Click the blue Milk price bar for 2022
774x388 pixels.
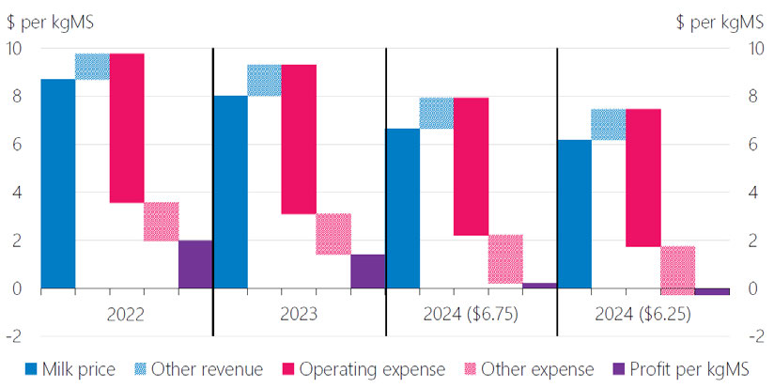(x=58, y=183)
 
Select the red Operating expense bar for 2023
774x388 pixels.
(x=298, y=139)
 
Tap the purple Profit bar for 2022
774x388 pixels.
(x=194, y=264)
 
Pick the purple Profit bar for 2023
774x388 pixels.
(x=367, y=272)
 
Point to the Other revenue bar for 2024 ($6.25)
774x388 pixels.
(x=609, y=124)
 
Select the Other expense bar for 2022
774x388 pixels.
(x=161, y=222)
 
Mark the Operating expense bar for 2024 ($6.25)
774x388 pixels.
(x=642, y=178)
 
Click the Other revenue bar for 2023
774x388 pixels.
(x=264, y=80)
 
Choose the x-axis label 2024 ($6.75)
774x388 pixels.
(x=471, y=314)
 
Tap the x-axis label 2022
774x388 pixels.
(x=126, y=314)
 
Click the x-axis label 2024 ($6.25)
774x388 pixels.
(x=643, y=314)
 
